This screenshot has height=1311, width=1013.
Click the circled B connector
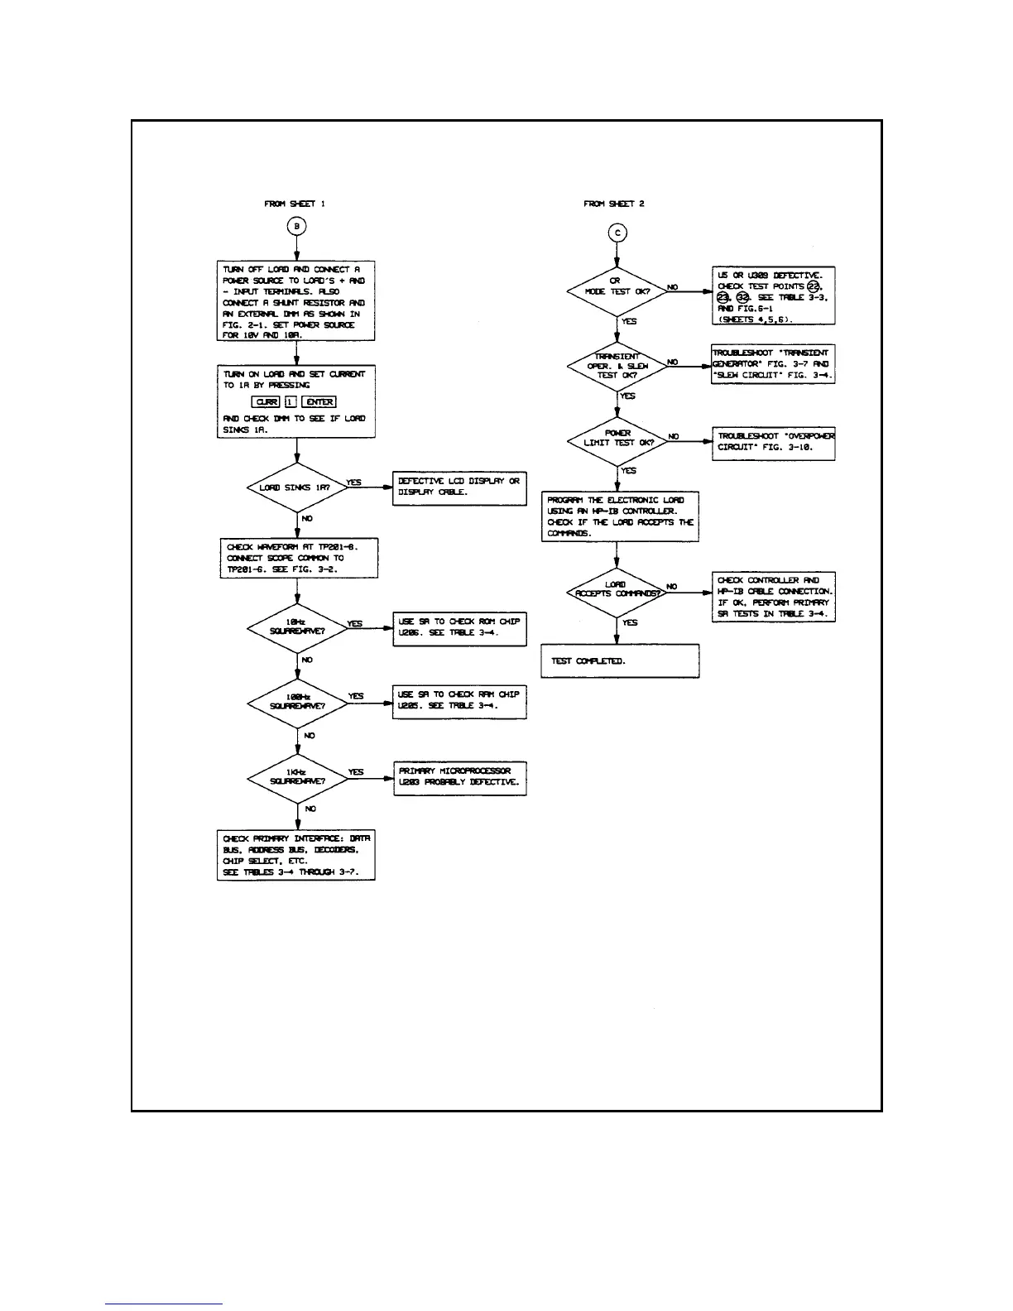(x=296, y=226)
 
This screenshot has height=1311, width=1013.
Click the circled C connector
(x=617, y=233)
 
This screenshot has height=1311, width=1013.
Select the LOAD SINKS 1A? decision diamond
(x=296, y=487)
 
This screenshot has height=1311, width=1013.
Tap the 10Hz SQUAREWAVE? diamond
(x=297, y=628)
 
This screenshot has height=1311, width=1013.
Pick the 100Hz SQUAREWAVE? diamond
(x=297, y=703)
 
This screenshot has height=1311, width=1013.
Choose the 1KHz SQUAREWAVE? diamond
(x=297, y=778)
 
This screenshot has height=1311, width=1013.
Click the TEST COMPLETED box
(x=620, y=661)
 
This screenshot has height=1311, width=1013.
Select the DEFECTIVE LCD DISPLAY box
(x=459, y=487)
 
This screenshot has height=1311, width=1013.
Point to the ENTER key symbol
(x=319, y=402)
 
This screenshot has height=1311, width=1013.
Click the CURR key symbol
(x=266, y=402)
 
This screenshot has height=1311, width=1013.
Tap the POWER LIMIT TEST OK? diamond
(x=617, y=439)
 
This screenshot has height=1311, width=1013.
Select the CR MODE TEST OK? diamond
(x=617, y=291)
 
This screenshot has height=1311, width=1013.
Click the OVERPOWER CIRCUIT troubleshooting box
(x=774, y=443)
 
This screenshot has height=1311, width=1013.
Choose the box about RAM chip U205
(x=459, y=701)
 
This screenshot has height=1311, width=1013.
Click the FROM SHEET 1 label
(x=295, y=204)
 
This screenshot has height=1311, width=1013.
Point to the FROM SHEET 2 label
(x=613, y=204)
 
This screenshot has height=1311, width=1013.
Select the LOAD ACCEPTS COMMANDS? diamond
(x=617, y=591)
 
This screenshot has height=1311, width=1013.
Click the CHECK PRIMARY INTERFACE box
(x=296, y=855)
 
